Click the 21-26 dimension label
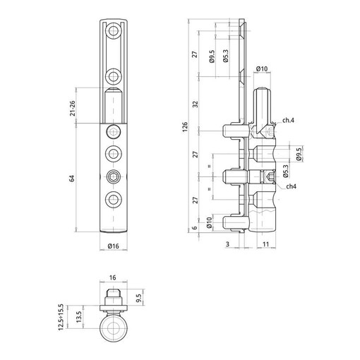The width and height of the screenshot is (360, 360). coord(73,108)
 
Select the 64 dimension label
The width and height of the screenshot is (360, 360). coord(72,179)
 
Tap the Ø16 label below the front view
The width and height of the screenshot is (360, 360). coord(114,246)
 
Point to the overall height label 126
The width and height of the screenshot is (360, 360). coord(185,127)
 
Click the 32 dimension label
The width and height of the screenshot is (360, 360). coord(196,104)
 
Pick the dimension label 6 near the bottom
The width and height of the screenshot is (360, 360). coord(194,228)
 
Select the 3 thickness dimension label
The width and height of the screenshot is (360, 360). coord(227,244)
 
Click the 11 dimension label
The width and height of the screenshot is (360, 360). coord(265,244)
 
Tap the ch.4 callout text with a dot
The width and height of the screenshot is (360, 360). coord(288,120)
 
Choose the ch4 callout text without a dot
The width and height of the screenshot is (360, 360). coord(292,186)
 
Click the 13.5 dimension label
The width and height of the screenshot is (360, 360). coord(79,317)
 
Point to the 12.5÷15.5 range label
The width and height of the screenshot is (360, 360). coord(61,317)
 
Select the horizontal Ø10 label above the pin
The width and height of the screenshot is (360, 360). coord(262,68)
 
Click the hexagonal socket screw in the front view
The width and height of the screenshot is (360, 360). coord(114,176)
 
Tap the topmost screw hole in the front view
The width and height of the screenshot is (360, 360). coord(114,30)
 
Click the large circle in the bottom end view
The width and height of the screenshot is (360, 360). coord(114,328)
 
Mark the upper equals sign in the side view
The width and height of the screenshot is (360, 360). coord(210,167)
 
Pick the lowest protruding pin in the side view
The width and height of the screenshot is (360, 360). coord(235,222)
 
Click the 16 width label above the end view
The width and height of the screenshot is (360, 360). coord(113,277)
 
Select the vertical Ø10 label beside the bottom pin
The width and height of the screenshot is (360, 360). coord(209,223)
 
